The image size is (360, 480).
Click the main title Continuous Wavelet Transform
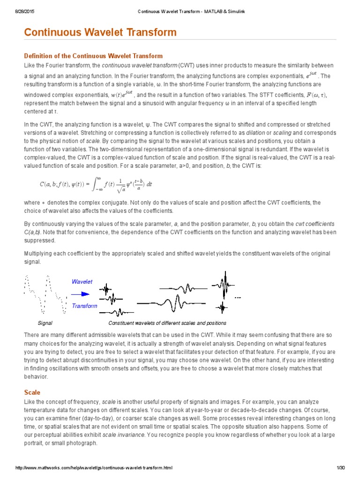click(x=100, y=32)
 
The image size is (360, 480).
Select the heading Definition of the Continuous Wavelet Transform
click(x=93, y=56)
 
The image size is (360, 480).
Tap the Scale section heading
click(x=32, y=392)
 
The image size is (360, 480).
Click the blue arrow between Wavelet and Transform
click(x=80, y=294)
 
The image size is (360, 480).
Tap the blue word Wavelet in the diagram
click(x=82, y=282)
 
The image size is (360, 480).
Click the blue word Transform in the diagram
click(x=84, y=306)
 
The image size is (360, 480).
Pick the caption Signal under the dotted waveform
click(x=45, y=323)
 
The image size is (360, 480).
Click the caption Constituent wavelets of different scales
click(x=167, y=323)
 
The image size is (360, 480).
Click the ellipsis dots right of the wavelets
click(x=238, y=297)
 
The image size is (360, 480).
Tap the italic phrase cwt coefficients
click(x=315, y=224)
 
